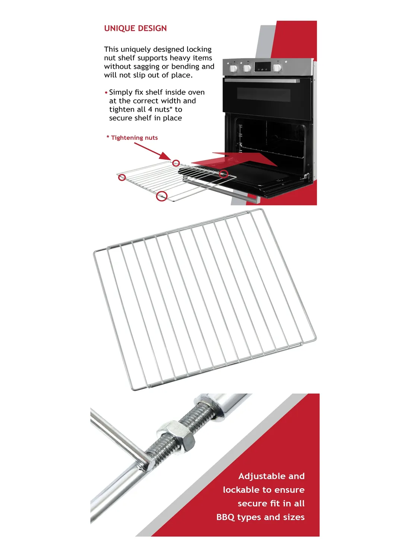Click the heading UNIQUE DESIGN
click(135, 28)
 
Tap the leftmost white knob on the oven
click(233, 68)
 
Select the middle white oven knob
click(247, 68)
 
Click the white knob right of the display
click(277, 68)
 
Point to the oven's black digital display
click(262, 67)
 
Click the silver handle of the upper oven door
click(262, 81)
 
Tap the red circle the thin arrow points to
click(176, 163)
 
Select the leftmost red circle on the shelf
click(122, 178)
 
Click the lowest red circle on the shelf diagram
click(162, 196)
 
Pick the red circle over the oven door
click(223, 174)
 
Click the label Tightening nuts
click(134, 138)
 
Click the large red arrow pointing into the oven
click(234, 159)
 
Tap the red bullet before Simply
click(106, 93)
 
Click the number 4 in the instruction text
click(150, 109)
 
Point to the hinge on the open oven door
click(307, 176)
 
